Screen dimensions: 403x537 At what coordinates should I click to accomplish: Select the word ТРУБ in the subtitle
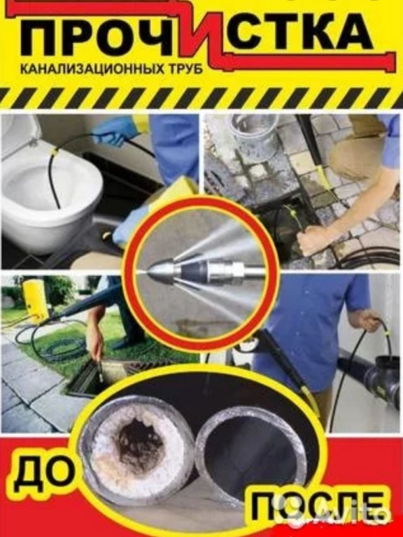coord(185,69)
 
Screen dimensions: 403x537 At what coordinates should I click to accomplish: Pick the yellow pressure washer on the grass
coord(35,301)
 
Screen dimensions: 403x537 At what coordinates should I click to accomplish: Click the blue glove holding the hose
coord(113,131)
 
